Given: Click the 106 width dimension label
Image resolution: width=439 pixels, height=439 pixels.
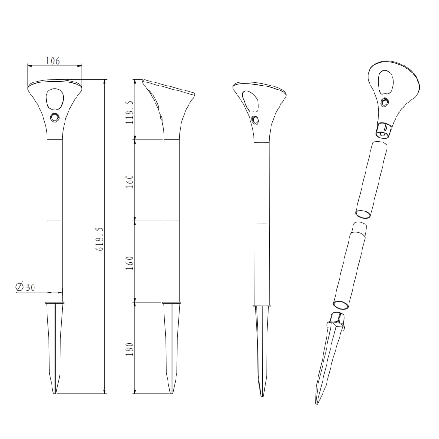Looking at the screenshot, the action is [x=53, y=61].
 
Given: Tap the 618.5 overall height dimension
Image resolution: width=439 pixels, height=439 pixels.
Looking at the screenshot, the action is [x=100, y=239].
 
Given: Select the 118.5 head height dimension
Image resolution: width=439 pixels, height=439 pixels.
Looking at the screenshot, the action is [x=129, y=112].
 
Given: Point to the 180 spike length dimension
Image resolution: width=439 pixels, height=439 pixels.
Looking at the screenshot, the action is [x=129, y=349].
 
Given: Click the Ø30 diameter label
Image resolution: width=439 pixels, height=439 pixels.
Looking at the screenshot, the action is [x=26, y=287].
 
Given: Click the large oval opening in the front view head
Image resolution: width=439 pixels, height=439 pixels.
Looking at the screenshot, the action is [x=55, y=99].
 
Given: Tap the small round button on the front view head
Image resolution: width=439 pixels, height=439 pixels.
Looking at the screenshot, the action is [x=55, y=117].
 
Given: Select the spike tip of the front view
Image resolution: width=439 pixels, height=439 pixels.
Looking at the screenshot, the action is [x=55, y=393].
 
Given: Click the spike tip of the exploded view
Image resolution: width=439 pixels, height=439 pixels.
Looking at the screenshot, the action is [x=317, y=403].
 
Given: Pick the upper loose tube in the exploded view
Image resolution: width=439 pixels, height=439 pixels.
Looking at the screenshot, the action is [x=371, y=180].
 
